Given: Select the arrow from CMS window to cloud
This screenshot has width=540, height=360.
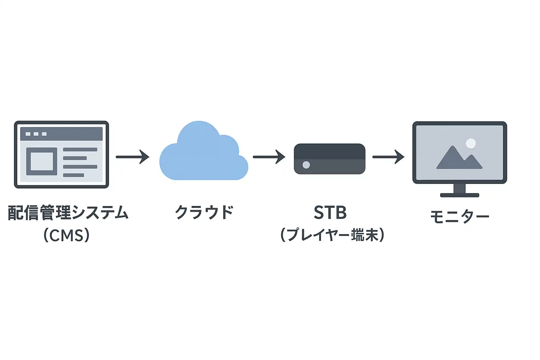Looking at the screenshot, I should tap(132, 157).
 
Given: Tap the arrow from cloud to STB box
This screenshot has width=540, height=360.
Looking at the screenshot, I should tap(269, 157).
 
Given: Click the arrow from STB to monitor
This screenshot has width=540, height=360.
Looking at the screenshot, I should tap(388, 157).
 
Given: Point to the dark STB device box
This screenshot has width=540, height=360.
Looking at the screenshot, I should tap(329, 159).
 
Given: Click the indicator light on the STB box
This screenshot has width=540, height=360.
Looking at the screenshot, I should tap(306, 165).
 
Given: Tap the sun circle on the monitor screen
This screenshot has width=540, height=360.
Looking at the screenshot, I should tap(471, 143).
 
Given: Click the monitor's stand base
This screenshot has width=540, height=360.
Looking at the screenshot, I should tap(459, 195).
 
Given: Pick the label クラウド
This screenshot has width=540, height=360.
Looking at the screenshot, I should tap(204, 213).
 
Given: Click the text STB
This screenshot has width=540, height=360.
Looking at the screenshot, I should tap(330, 213).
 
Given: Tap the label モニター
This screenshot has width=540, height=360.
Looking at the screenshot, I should tap(459, 216).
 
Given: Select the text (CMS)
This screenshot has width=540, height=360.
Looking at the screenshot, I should tap(66, 235).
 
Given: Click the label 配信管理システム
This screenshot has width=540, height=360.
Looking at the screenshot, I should tap(68, 213).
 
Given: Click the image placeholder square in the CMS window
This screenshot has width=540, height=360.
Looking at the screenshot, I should tap(42, 161).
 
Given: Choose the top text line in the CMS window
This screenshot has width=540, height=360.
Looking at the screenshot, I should tap(80, 149).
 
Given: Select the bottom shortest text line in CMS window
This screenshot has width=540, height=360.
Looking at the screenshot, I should tap(73, 175).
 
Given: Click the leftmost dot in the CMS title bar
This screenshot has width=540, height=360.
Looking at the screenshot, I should tap(28, 134).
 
